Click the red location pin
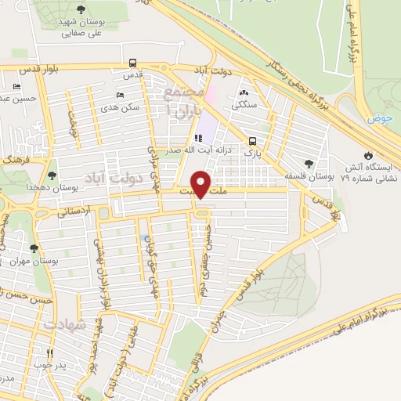point(203,182)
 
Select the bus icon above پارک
point(252,142)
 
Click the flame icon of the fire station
point(368,154)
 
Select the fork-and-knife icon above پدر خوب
point(50,354)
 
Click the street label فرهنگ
point(14,159)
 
